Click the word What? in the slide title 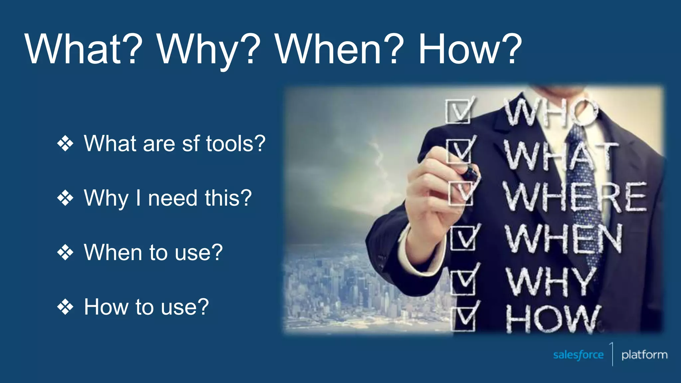(x=83, y=49)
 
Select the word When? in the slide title (x=339, y=49)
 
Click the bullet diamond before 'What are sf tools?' (x=65, y=144)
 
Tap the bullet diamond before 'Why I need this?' (x=65, y=198)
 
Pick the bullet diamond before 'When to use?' (x=65, y=252)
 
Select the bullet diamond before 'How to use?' (x=65, y=307)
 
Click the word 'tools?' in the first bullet (x=235, y=144)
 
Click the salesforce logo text (x=578, y=355)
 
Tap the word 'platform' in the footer (x=644, y=355)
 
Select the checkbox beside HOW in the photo (x=463, y=319)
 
